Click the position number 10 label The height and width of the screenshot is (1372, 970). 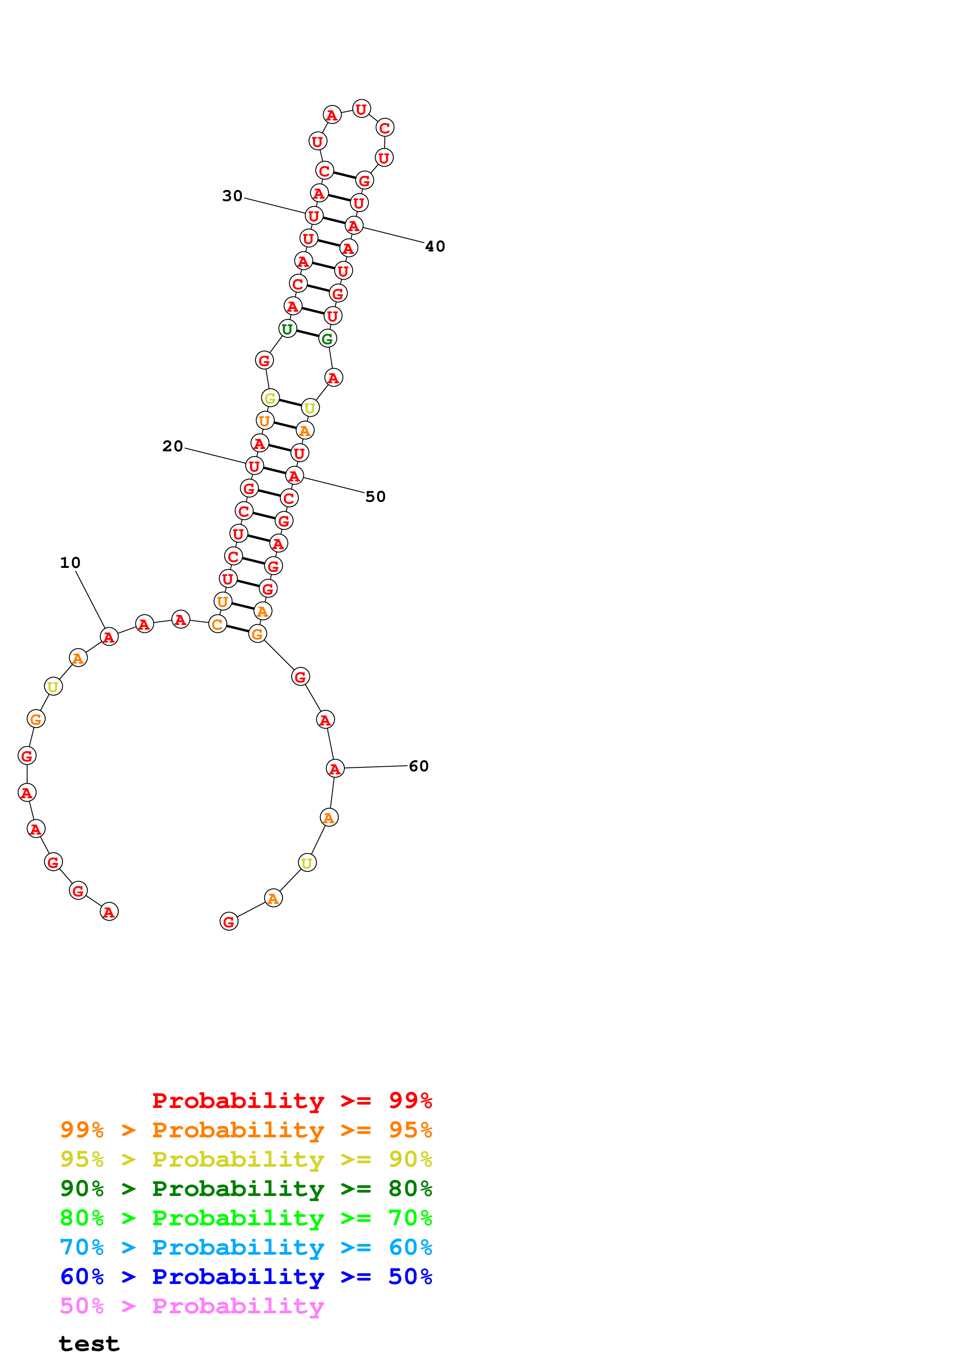(70, 562)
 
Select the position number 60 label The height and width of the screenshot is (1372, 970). (418, 766)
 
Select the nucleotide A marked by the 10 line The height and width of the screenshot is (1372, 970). (109, 637)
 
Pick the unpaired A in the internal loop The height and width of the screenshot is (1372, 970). (333, 378)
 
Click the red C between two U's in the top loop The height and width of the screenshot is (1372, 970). (385, 128)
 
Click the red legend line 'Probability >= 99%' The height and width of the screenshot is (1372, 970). (292, 1101)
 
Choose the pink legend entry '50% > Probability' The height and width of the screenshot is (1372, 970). (191, 1306)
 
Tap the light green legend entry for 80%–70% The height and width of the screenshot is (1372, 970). (246, 1218)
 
